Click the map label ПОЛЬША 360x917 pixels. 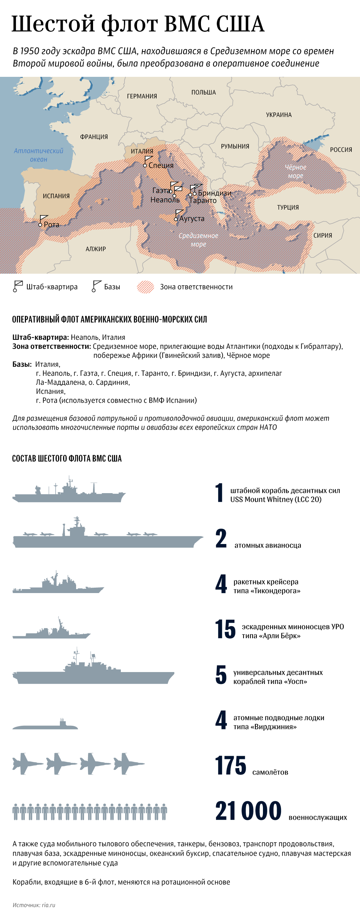click(x=203, y=92)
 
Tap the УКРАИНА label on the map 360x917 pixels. click(x=279, y=115)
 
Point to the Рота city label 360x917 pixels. click(x=51, y=224)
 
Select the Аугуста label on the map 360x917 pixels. click(x=192, y=219)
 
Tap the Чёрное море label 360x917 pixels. click(x=295, y=172)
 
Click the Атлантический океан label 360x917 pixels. click(x=39, y=155)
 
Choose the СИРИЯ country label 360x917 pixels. click(x=322, y=235)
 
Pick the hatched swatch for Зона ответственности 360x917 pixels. click(x=145, y=287)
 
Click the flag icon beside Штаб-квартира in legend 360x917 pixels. click(x=17, y=286)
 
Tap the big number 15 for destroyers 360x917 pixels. click(x=225, y=629)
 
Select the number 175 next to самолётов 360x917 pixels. click(x=231, y=766)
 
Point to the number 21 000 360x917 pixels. click(x=248, y=811)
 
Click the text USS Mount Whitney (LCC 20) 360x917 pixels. click(x=276, y=500)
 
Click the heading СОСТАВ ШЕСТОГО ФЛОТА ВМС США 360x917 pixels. click(x=67, y=458)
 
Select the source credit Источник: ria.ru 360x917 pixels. click(x=34, y=905)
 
